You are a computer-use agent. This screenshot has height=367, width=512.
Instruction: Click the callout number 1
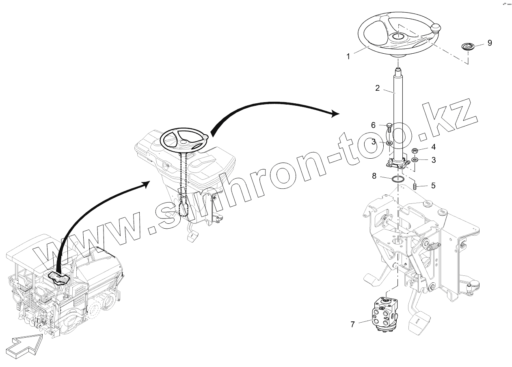pyautogui.click(x=348, y=57)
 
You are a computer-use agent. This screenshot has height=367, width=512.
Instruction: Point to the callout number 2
pyautogui.click(x=377, y=88)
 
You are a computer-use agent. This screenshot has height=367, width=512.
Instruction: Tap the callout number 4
pyautogui.click(x=433, y=147)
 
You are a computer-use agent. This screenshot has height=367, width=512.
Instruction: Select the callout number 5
pyautogui.click(x=433, y=186)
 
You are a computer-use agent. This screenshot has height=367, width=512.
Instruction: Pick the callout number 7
pyautogui.click(x=352, y=324)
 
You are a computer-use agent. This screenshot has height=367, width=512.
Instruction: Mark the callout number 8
pyautogui.click(x=374, y=176)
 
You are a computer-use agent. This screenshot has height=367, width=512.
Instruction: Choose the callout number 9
pyautogui.click(x=490, y=43)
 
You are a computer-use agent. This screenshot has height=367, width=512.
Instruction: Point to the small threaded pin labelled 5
pyautogui.click(x=415, y=186)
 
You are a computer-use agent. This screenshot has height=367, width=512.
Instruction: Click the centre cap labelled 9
pyautogui.click(x=468, y=46)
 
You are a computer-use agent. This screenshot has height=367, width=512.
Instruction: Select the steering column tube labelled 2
pyautogui.click(x=398, y=114)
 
